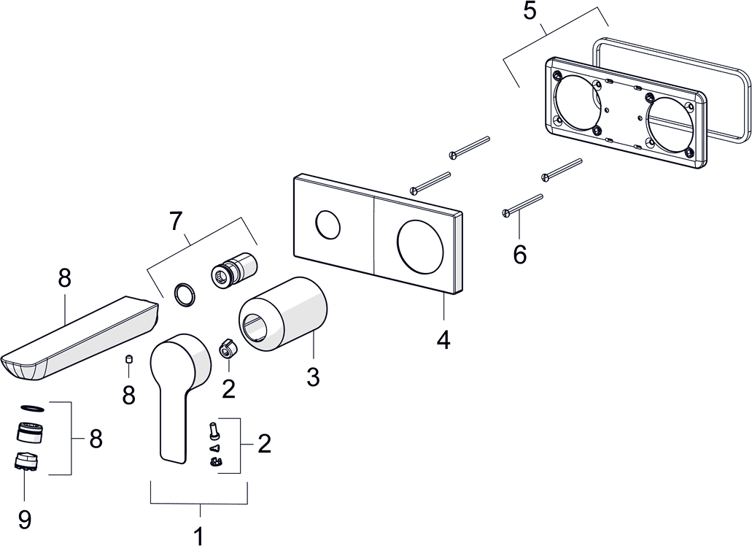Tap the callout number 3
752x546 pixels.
click(x=312, y=377)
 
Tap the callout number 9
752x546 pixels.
click(x=24, y=519)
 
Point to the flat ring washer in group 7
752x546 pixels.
click(x=184, y=295)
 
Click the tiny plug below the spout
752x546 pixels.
click(x=128, y=358)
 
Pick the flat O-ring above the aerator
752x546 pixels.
click(x=33, y=409)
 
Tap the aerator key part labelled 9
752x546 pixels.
click(x=26, y=462)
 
